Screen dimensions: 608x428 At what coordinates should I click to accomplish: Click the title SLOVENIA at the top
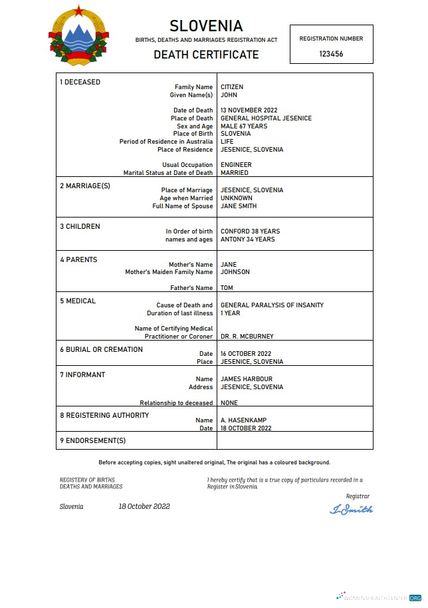206,26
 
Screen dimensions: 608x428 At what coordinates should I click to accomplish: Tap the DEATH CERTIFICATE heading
206,55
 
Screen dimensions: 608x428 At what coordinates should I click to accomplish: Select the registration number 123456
331,54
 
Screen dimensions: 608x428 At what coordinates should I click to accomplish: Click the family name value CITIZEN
232,87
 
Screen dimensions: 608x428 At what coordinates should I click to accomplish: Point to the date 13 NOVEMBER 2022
249,110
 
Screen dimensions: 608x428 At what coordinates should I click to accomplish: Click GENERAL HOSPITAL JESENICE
266,118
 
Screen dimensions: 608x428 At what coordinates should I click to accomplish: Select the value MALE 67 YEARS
244,126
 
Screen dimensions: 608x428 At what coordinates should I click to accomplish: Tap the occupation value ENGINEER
236,165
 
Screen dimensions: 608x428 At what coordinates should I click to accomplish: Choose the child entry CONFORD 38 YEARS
250,231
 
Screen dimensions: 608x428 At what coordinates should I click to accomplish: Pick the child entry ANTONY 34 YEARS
247,239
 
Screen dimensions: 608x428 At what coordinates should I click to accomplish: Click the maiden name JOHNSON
235,272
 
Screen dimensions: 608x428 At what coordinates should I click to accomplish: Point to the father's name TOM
227,288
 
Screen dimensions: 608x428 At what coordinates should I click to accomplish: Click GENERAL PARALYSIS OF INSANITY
272,305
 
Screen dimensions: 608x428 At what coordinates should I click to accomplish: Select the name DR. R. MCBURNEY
247,337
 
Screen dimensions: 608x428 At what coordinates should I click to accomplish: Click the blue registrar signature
351,510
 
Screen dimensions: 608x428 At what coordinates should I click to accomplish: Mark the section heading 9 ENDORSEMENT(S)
92,440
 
